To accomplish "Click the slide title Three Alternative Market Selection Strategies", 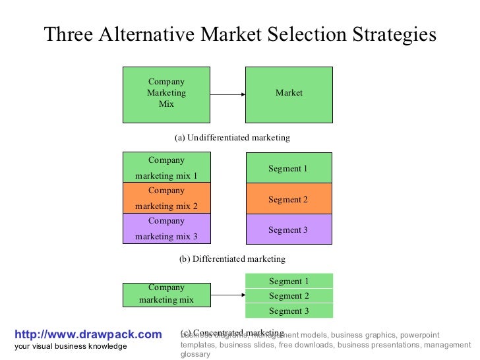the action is [x=240, y=34].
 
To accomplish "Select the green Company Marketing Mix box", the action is [x=166, y=94].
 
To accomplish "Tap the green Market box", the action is [x=289, y=94].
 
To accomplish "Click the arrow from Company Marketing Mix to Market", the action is [x=227, y=94].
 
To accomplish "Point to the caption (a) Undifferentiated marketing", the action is [x=232, y=138].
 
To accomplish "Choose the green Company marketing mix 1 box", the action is [x=166, y=167].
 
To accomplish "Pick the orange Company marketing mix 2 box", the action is [x=166, y=198].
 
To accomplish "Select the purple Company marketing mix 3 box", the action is [x=166, y=229].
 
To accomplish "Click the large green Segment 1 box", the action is [x=288, y=168].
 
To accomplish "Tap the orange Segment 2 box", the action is [x=288, y=199].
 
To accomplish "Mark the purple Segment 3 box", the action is [x=288, y=229].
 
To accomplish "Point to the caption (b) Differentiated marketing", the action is [x=232, y=259].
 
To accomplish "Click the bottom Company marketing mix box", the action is [x=166, y=294].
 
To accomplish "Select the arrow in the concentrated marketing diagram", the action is [x=227, y=295].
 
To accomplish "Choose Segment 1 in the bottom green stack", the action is [x=289, y=282].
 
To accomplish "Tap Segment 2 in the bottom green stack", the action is [x=289, y=296].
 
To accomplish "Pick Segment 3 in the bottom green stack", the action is [x=289, y=311].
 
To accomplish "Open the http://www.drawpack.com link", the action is [x=88, y=335].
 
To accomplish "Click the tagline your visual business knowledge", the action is [x=71, y=347].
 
